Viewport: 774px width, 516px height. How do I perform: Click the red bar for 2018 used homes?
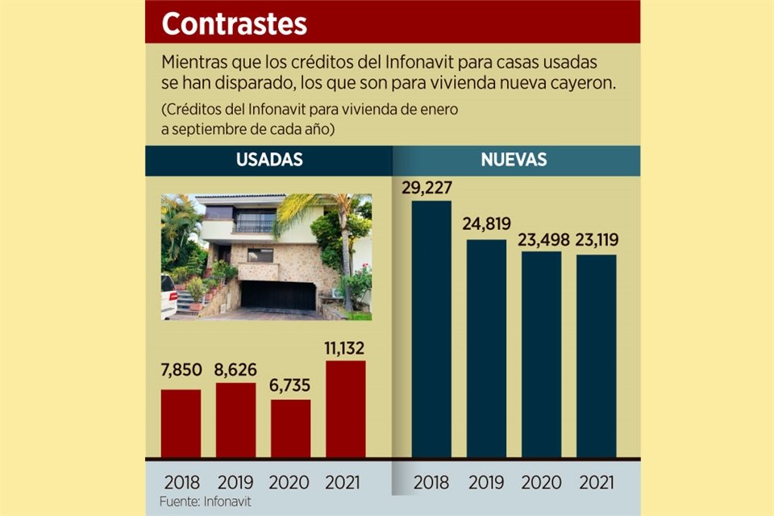pos(181,423)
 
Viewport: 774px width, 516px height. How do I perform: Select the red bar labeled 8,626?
pos(235,420)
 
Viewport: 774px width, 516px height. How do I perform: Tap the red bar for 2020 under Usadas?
pos(290,428)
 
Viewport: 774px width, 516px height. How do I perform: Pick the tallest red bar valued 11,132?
pos(345,409)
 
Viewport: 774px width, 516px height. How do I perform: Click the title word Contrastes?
pos(234,23)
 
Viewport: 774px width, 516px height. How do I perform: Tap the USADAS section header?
pos(269,160)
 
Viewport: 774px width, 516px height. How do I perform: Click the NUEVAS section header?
pos(514,160)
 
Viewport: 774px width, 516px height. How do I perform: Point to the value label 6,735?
pos(290,387)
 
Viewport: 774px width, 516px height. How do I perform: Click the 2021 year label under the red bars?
pos(345,482)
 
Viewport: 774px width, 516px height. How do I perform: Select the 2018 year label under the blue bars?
pos(431,482)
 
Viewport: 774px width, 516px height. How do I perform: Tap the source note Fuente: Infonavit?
pos(205,502)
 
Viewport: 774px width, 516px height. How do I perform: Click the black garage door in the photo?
pos(278,295)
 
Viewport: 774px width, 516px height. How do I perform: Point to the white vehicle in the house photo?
pos(168,296)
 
